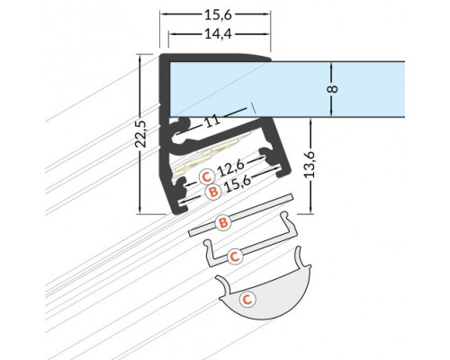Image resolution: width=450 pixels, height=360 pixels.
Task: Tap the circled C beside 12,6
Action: coord(206,175)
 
